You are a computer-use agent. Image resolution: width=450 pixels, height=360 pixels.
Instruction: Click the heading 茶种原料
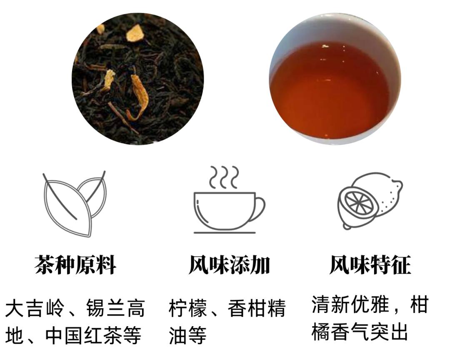75,265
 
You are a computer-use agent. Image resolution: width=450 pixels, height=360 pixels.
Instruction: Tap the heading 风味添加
229,265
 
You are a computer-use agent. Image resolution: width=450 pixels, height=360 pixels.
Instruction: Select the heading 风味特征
370,265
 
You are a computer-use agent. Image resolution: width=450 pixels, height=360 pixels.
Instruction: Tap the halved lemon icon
370,202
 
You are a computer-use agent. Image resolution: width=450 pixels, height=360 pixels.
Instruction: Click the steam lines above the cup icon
224,177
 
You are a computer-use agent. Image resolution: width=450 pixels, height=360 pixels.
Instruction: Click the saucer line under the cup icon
225,232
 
